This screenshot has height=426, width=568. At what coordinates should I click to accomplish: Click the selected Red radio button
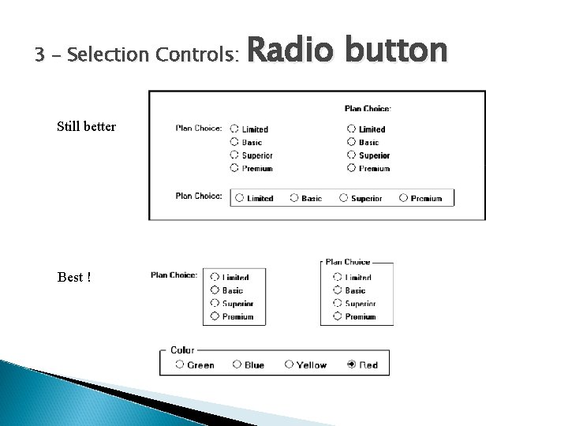pyautogui.click(x=351, y=364)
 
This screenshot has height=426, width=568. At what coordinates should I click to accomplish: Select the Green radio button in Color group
pyautogui.click(x=180, y=364)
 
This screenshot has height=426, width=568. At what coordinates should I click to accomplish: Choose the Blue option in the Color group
pyautogui.click(x=237, y=364)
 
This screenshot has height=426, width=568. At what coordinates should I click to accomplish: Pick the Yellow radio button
pyautogui.click(x=290, y=364)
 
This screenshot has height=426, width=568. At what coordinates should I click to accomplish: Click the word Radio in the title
pyautogui.click(x=281, y=52)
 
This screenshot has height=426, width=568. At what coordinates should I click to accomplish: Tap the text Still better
pyautogui.click(x=86, y=126)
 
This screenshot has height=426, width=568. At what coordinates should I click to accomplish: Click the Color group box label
pyautogui.click(x=182, y=349)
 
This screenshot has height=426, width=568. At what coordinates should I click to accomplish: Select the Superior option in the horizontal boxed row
pyautogui.click(x=344, y=198)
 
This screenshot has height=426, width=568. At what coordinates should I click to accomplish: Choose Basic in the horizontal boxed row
pyautogui.click(x=294, y=198)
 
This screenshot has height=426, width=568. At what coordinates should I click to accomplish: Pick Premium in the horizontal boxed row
pyautogui.click(x=403, y=198)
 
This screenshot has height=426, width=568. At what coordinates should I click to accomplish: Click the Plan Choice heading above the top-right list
pyautogui.click(x=368, y=108)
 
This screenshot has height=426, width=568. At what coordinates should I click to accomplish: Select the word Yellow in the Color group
pyautogui.click(x=311, y=364)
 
